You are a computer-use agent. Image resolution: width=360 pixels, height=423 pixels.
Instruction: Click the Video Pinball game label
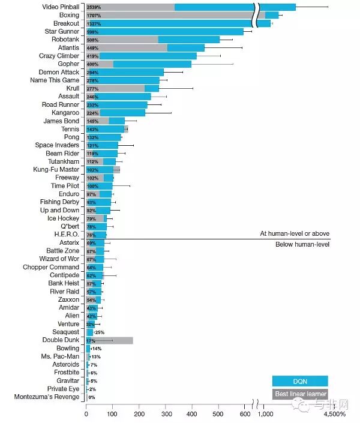tap(59, 7)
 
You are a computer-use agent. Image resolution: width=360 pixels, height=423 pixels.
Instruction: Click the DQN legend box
tap(300, 381)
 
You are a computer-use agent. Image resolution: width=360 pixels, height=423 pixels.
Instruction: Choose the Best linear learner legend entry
tap(300, 394)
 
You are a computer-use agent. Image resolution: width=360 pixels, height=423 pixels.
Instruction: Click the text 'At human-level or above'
tap(294, 233)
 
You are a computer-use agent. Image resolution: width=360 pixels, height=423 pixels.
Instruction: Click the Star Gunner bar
tap(165, 31)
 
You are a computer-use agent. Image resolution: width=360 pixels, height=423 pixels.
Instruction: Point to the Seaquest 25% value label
tap(100, 332)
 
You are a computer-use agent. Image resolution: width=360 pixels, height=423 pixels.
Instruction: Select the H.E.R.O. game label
tap(67, 234)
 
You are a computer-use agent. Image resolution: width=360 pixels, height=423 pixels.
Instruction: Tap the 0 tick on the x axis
tap(86, 414)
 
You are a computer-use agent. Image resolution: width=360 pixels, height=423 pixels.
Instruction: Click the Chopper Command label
tap(51, 267)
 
